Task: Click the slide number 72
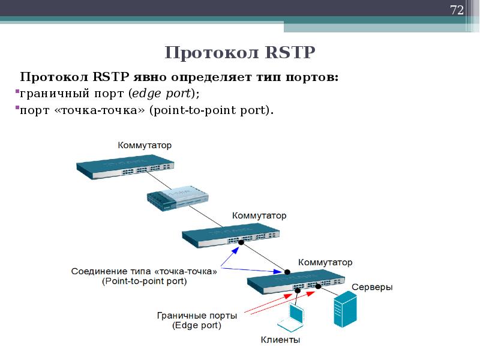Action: pos(457,10)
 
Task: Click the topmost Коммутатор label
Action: pos(145,145)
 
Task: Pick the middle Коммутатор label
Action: pos(259,215)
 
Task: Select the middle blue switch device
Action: pos(231,235)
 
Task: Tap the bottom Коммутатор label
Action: pos(325,262)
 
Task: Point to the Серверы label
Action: pos(372,287)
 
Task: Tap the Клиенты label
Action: pos(280,340)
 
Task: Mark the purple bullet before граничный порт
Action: pos(17,92)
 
